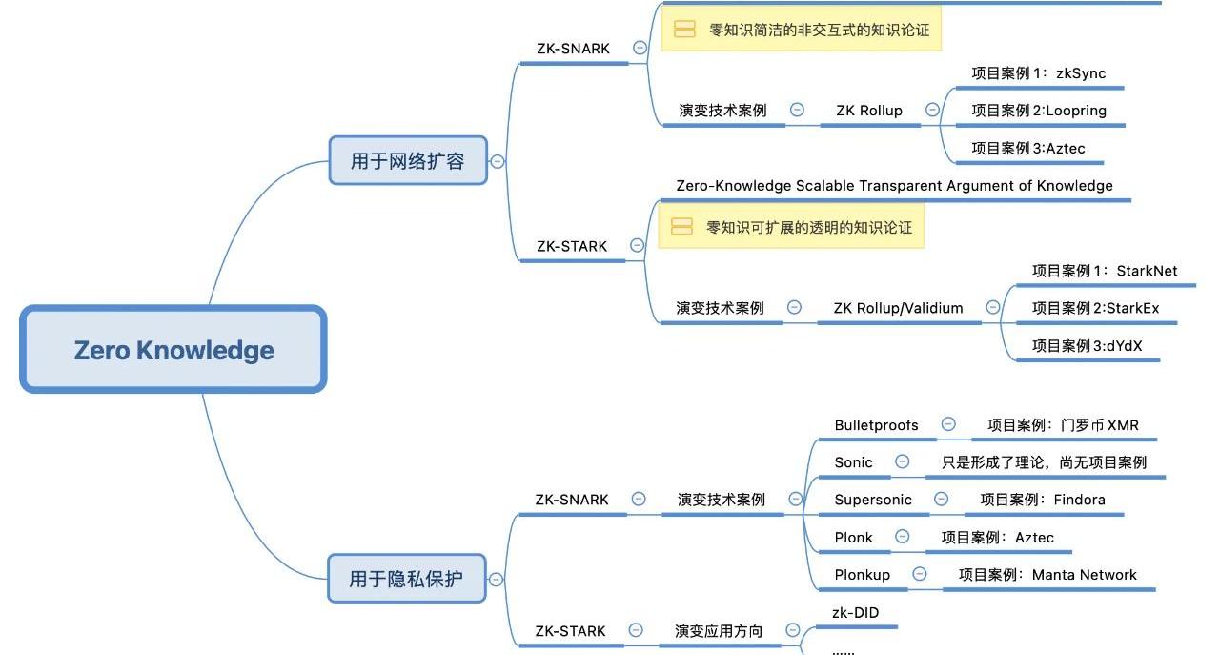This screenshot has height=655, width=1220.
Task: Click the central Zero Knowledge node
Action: (173, 349)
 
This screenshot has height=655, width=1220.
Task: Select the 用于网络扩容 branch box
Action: (407, 160)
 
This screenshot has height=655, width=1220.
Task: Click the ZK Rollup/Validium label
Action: (898, 308)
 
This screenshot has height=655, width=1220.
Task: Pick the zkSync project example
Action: (1038, 73)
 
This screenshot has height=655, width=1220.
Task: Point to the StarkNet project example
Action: (1104, 271)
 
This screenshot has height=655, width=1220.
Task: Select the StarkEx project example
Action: (1095, 308)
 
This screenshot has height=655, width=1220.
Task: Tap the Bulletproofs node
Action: (876, 425)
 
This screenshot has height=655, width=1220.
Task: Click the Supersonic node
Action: (872, 500)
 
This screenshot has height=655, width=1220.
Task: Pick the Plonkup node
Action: (862, 575)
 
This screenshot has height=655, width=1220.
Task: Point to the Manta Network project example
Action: (1047, 575)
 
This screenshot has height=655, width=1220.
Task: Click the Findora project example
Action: (1043, 500)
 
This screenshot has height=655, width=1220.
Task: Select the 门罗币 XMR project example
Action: (1063, 425)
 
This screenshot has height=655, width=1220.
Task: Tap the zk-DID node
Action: (856, 613)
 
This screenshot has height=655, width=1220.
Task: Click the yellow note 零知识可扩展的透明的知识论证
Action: (791, 227)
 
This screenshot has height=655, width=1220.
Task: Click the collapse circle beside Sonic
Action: (902, 461)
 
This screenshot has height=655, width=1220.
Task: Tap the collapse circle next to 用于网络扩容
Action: (497, 161)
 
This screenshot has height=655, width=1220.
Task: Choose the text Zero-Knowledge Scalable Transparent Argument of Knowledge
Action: (894, 186)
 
